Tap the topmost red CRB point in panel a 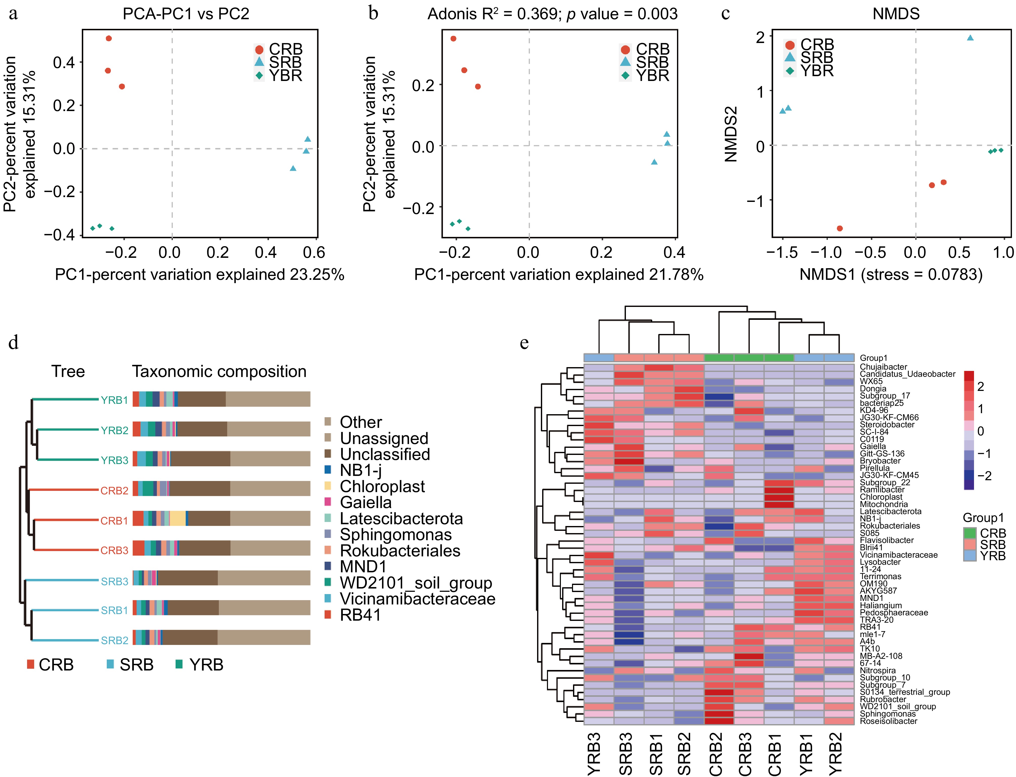109,38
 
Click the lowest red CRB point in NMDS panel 840,228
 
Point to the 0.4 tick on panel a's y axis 64,62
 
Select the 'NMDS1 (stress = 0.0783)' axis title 891,275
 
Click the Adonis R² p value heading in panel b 552,14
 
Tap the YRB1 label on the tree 114,400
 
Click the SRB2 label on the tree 114,641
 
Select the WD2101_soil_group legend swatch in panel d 328,582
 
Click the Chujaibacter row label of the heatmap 883,367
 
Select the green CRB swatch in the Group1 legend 970,533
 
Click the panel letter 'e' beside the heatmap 524,343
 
